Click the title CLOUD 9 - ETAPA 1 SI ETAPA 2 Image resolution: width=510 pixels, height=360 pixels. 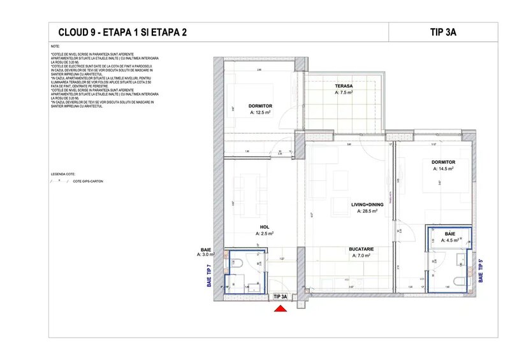point(122,32)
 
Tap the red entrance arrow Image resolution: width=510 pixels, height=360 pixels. point(280,308)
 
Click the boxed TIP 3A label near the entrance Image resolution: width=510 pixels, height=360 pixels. point(280,296)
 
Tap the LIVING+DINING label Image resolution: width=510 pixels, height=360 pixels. point(368,205)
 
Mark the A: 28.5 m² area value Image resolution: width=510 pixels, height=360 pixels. point(368,211)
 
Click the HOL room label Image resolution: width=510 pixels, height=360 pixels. point(264,227)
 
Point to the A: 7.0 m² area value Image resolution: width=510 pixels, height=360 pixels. point(360,256)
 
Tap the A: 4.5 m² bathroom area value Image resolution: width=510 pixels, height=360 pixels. point(449,240)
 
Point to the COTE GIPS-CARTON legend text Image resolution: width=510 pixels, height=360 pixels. point(87,182)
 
